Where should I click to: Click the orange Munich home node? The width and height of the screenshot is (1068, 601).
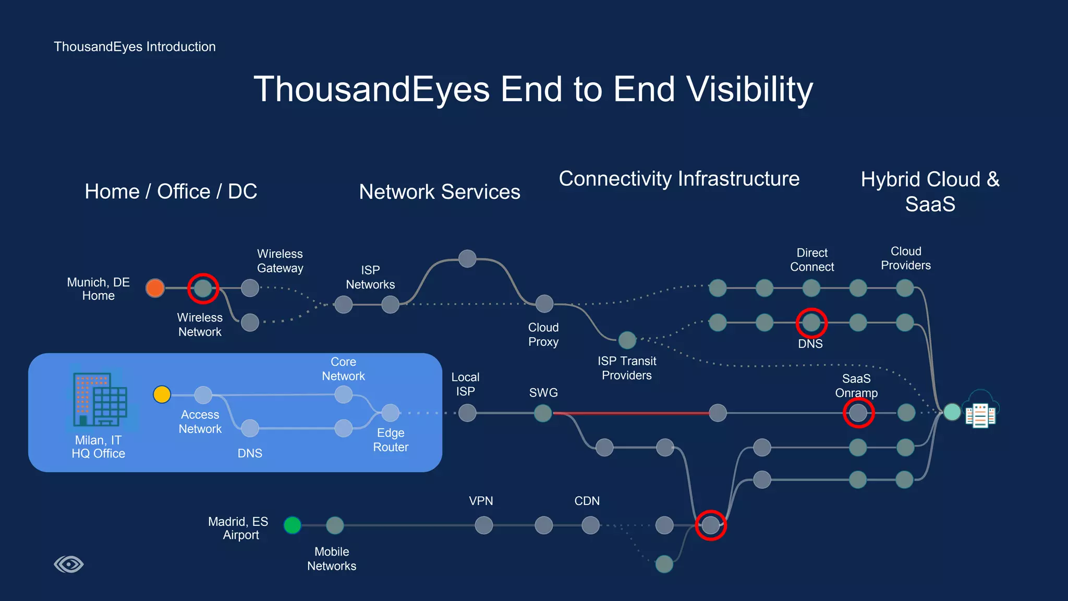coord(155,288)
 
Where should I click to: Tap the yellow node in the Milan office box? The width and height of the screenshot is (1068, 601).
coord(162,394)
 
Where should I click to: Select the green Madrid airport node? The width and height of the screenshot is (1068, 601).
coord(293,525)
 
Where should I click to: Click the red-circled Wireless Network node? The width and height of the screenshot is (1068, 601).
coord(203,288)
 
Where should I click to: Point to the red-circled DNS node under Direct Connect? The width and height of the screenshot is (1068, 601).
coord(811,323)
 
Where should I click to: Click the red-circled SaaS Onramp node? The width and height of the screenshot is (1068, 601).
coord(858,413)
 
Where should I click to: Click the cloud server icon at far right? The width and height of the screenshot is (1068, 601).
coord(980,411)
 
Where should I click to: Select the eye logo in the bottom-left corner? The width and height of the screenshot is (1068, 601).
coord(69,564)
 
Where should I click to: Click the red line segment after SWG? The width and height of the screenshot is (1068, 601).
coord(631,413)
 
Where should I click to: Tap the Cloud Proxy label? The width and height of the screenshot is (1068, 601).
coord(543,334)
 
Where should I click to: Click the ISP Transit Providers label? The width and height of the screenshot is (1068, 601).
coord(627,368)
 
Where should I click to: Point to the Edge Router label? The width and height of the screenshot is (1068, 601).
coord(391,440)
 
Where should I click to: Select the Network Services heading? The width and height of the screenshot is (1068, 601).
coord(440,191)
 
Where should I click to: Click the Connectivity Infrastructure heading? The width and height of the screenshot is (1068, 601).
coord(679,178)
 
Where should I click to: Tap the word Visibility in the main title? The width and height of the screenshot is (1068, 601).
coord(749,89)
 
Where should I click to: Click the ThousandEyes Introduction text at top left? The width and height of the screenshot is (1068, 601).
coord(135,46)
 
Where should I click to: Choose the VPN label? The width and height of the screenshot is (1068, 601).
coord(481,501)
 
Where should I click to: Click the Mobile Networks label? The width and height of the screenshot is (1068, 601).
coord(332,559)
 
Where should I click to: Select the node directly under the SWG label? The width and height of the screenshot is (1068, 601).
coord(543,413)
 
